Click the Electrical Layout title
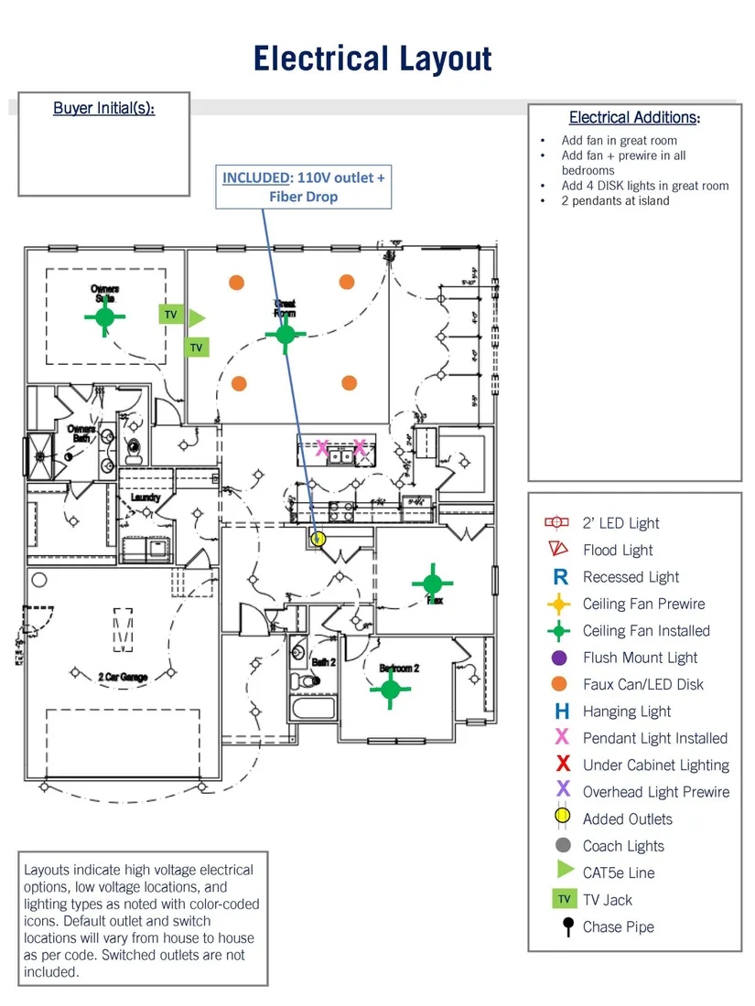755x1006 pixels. [x=372, y=59]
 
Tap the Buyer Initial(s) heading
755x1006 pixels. [x=103, y=108]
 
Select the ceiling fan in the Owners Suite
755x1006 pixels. [x=105, y=317]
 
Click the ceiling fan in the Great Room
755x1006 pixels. [x=286, y=334]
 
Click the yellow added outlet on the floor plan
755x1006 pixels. [x=318, y=539]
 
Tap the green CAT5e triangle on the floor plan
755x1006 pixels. [x=197, y=317]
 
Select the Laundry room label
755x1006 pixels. [x=146, y=498]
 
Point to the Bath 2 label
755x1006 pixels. [x=323, y=661]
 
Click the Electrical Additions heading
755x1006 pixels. [x=634, y=117]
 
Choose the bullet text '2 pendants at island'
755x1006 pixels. [x=615, y=200]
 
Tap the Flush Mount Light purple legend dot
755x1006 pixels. [x=561, y=658]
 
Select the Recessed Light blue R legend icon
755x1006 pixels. [x=561, y=577]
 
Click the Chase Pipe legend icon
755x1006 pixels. [x=567, y=926]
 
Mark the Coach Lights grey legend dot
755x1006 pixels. [x=564, y=846]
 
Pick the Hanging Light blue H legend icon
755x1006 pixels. [x=562, y=712]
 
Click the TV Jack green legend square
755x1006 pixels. [x=565, y=900]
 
